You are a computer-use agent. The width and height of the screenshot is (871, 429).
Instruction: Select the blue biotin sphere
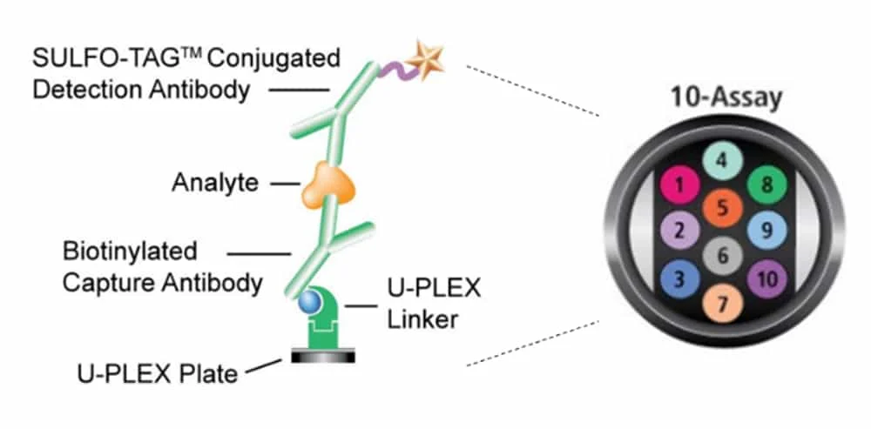(x=308, y=301)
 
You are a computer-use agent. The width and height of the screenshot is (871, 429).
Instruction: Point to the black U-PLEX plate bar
(x=325, y=356)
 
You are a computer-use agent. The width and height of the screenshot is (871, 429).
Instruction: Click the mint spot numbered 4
(x=722, y=161)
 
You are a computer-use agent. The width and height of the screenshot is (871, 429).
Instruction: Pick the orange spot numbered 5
(x=722, y=208)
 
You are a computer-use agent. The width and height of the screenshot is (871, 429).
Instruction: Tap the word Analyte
(x=214, y=183)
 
